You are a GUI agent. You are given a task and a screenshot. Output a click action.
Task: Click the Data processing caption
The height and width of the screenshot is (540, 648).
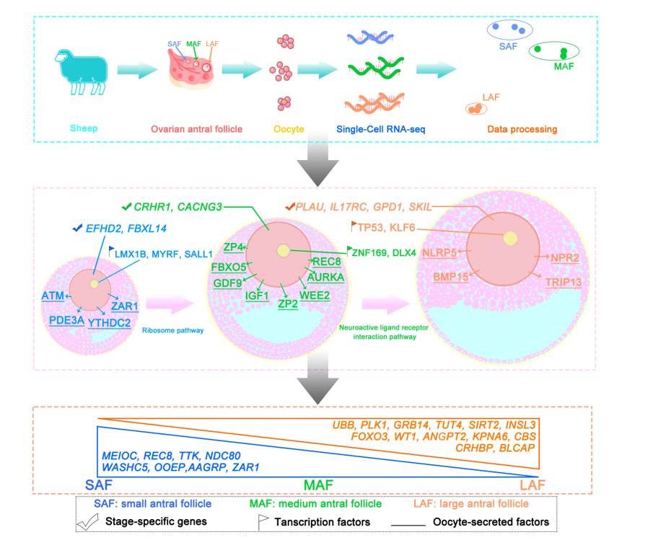tap(521, 130)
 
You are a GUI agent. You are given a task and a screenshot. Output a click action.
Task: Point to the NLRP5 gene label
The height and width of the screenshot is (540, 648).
tap(439, 252)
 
